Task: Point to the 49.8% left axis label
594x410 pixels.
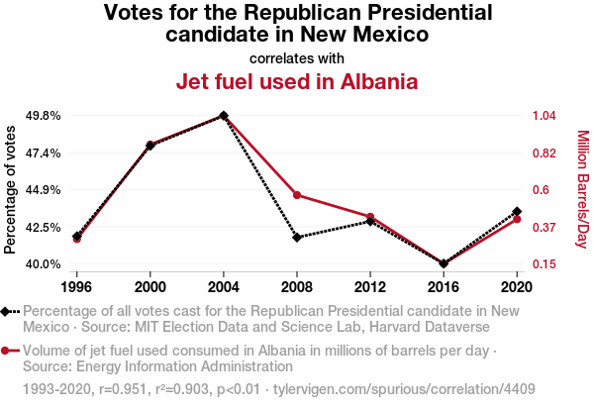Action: click(x=42, y=116)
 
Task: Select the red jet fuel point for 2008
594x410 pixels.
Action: click(x=297, y=195)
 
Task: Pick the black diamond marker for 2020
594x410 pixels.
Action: click(x=517, y=212)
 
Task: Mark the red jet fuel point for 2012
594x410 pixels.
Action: click(x=370, y=217)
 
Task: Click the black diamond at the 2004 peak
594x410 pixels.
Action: click(x=224, y=116)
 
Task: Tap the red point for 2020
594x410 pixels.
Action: click(x=517, y=219)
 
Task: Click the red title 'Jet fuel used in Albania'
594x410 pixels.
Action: click(x=297, y=81)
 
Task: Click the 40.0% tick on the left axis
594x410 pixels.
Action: click(x=42, y=264)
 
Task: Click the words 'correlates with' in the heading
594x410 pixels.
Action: click(x=297, y=57)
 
